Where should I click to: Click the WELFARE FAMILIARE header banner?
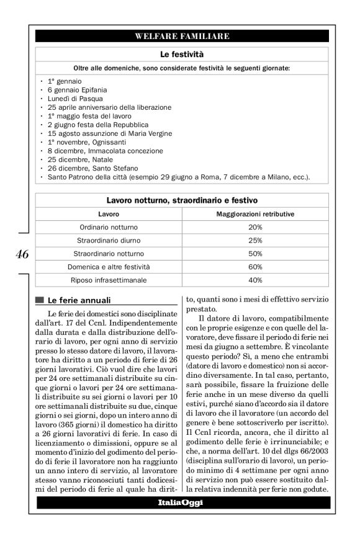click(182, 37)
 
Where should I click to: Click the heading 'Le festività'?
click(182, 55)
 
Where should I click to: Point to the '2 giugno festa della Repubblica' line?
click(101, 125)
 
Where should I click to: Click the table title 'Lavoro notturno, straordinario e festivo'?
click(182, 201)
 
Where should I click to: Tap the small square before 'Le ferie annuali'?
click(40, 300)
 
